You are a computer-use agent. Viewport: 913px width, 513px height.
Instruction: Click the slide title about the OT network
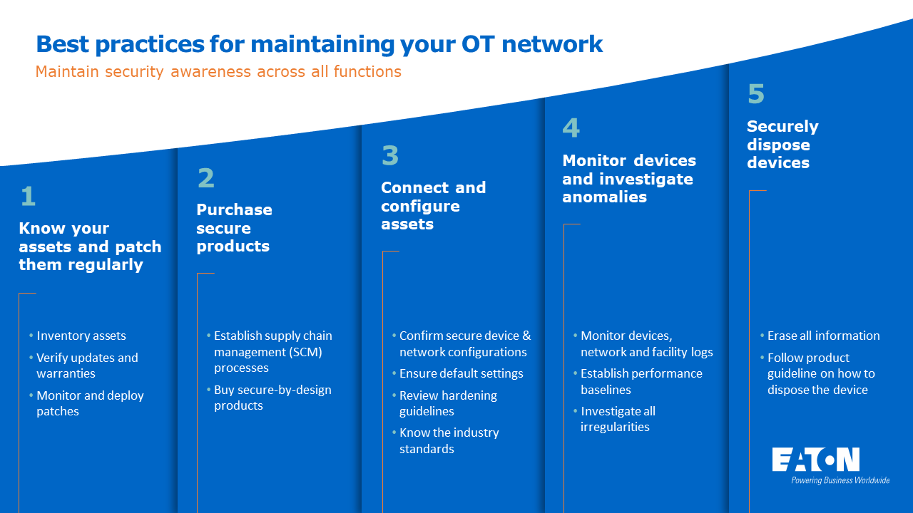[x=319, y=44]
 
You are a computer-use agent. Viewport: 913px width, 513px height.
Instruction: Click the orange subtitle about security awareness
[x=218, y=72]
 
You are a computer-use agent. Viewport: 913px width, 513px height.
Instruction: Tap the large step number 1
[x=28, y=197]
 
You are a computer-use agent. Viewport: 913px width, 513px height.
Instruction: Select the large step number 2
[x=205, y=178]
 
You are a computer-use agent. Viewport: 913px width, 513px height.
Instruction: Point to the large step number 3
[x=389, y=155]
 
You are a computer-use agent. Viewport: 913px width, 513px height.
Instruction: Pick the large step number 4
[x=571, y=128]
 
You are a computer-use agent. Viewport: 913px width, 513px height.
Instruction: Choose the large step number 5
[x=755, y=94]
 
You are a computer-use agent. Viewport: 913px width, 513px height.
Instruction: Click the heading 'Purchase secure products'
[x=234, y=228]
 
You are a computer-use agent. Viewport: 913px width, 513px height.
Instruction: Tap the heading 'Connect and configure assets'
[x=433, y=206]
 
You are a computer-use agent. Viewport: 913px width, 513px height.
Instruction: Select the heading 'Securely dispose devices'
[x=782, y=145]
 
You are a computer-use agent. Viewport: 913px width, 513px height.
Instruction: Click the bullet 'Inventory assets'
[x=81, y=336]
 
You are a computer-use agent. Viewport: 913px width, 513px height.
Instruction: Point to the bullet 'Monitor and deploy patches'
[x=90, y=403]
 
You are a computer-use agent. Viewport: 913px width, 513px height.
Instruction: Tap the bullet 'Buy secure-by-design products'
[x=272, y=398]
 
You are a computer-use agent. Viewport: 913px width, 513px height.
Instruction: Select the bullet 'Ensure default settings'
[x=461, y=373]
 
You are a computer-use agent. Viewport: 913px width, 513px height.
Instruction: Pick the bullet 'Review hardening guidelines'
[x=448, y=403]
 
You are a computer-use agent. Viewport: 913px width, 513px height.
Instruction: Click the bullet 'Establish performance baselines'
[x=641, y=381]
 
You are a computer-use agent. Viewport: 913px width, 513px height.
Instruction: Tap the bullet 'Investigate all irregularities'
[x=618, y=419]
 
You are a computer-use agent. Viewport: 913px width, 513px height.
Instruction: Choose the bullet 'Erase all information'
[x=823, y=336]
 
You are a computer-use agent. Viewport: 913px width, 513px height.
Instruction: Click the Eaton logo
[x=816, y=460]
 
